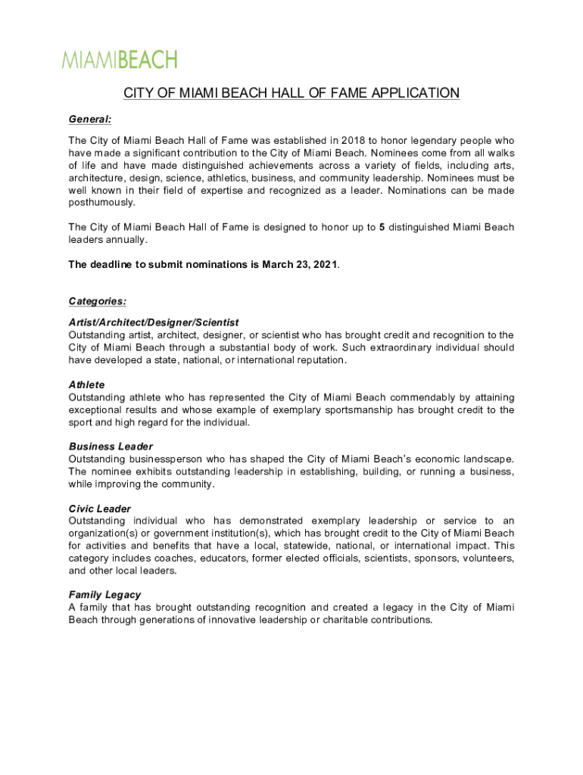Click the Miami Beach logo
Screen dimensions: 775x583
click(x=120, y=60)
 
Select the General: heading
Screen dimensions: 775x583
click(x=90, y=120)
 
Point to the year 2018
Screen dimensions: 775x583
click(x=354, y=141)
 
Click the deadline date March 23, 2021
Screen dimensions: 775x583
click(x=301, y=264)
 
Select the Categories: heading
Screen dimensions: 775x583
click(x=98, y=301)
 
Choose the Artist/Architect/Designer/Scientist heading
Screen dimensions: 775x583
click(x=154, y=322)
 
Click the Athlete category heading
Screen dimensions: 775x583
click(x=87, y=384)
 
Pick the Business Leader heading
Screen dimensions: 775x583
click(x=111, y=447)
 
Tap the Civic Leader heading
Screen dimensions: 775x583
click(x=100, y=509)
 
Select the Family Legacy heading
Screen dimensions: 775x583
click(x=104, y=595)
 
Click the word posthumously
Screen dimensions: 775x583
click(x=101, y=202)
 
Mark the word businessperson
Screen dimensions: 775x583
click(x=164, y=459)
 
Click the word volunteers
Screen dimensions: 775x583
click(x=484, y=558)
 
